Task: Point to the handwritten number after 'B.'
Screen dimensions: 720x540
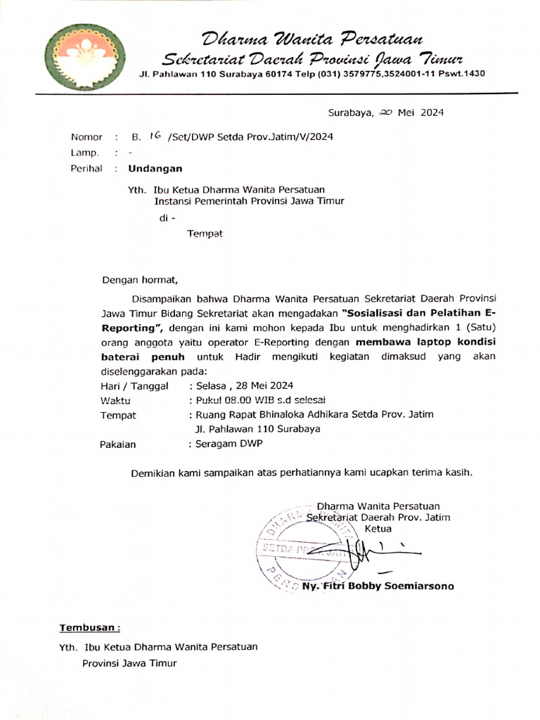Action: pos(155,136)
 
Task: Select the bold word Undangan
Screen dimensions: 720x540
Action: pos(155,169)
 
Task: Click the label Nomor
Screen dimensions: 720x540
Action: pos(86,137)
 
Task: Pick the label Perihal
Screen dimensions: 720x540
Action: pos(86,169)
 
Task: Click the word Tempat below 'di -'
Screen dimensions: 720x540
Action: pos(205,233)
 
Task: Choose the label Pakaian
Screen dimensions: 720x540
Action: pos(118,444)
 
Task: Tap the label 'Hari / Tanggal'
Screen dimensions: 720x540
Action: pos(135,386)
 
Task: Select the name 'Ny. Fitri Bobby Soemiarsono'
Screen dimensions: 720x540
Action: pos(378,586)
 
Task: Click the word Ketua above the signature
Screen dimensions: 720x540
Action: pos(378,529)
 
